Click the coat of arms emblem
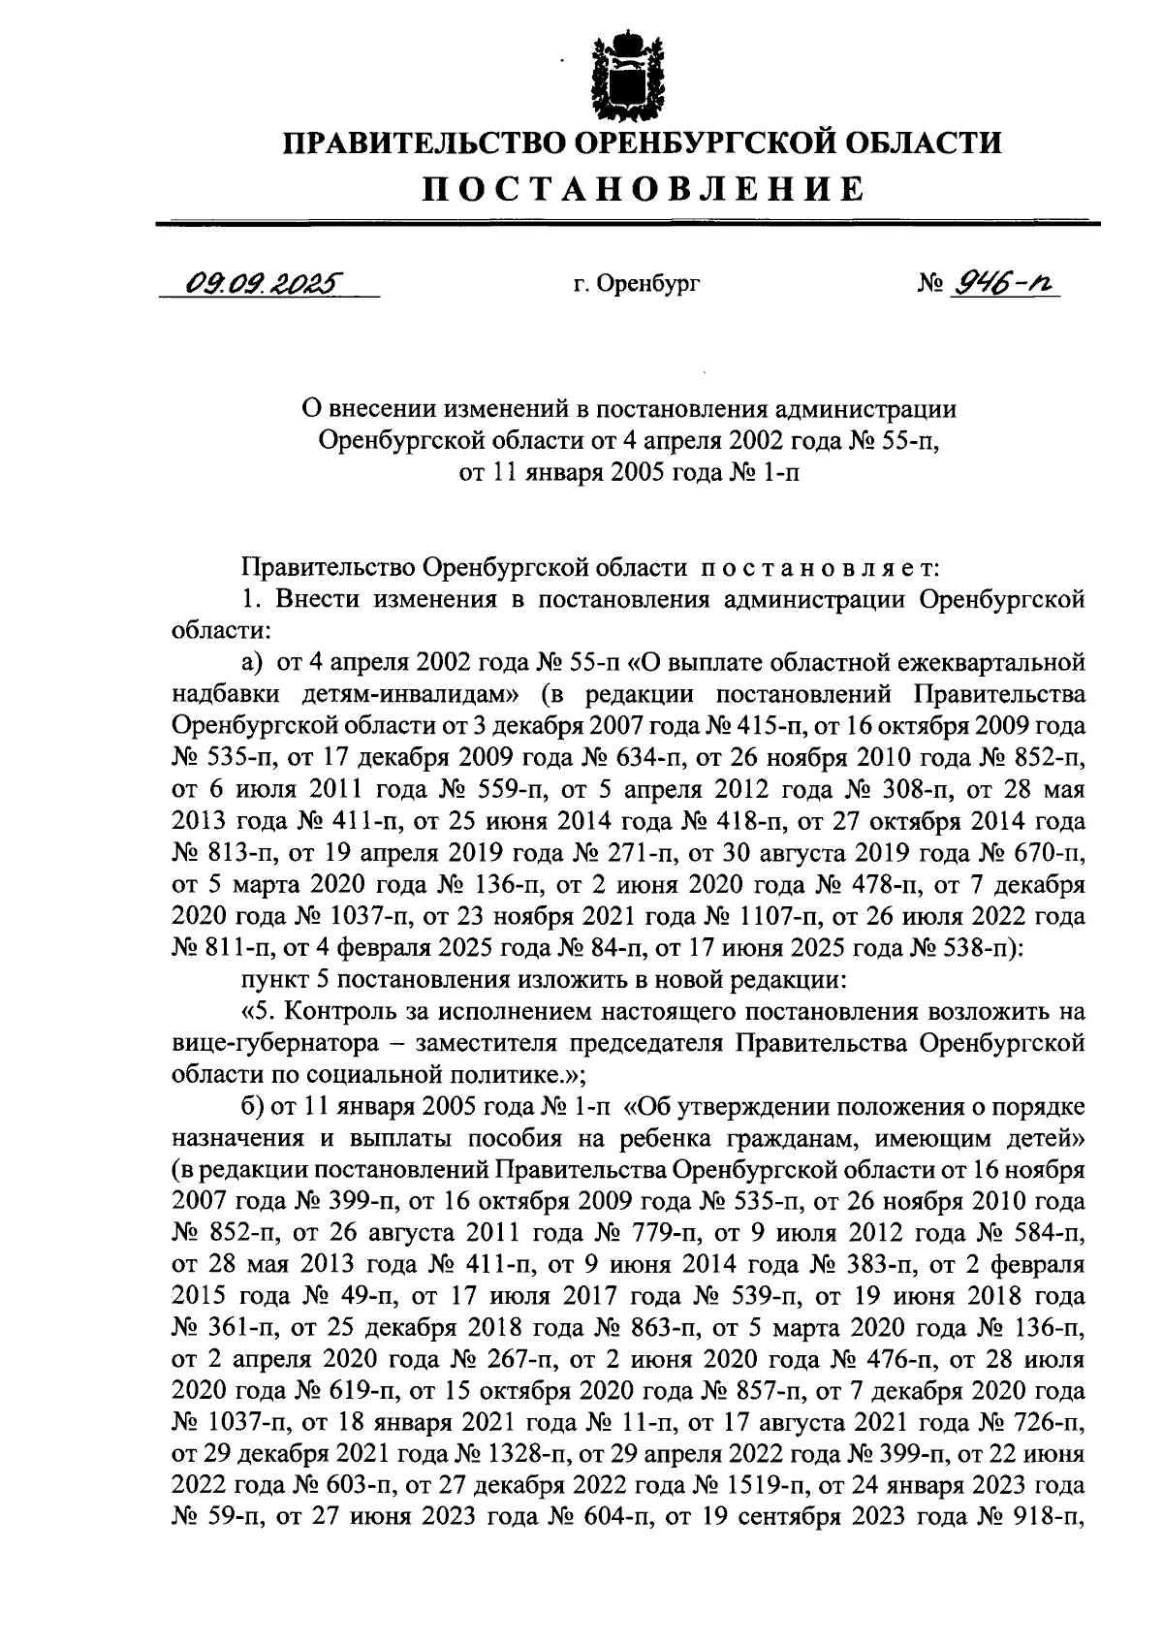click(x=631, y=76)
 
